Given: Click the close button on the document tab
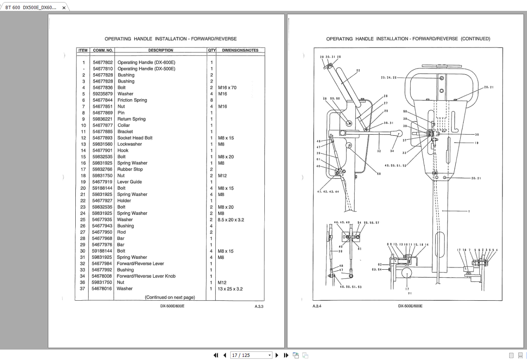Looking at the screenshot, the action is click(x=64, y=8).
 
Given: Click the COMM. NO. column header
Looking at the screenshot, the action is click(x=103, y=50).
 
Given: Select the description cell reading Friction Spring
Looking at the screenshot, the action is click(x=132, y=100).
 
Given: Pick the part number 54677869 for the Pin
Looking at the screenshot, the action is click(x=102, y=112).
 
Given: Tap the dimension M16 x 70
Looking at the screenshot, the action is click(x=227, y=87).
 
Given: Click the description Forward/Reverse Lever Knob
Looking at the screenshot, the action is click(x=146, y=276).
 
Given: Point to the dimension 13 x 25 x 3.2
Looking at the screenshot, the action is click(x=230, y=289).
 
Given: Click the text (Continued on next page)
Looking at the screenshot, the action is click(x=170, y=297).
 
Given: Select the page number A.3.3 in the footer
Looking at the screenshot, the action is click(x=259, y=306).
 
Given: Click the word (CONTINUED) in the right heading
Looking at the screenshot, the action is click(x=475, y=39).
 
